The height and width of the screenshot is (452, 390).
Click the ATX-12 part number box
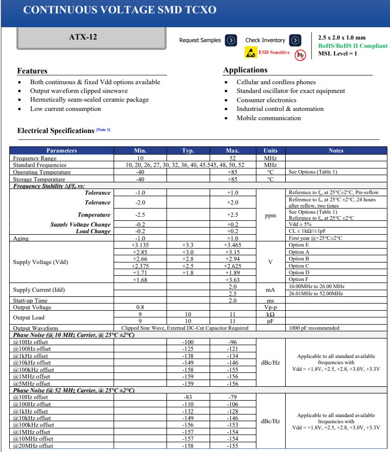point(83,37)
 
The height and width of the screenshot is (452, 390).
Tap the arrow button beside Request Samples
point(231,40)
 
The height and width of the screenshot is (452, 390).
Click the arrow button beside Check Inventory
point(295,40)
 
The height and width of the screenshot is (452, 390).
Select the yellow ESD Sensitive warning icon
point(251,52)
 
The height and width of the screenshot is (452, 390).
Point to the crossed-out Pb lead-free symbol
point(300,54)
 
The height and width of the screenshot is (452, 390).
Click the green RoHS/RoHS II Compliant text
point(352,46)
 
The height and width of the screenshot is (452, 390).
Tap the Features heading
point(32,71)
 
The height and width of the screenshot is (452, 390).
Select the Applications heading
point(245,70)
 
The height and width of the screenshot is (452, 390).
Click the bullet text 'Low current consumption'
point(65,109)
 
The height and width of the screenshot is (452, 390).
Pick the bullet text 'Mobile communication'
point(269,118)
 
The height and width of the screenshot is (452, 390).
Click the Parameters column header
point(62,150)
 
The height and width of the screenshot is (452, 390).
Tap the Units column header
point(270,150)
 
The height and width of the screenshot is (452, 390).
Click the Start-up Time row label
point(30,300)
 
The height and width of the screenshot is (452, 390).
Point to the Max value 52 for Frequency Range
point(232,158)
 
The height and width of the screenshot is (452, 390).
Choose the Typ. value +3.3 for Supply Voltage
point(188,246)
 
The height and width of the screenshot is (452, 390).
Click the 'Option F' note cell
point(299,279)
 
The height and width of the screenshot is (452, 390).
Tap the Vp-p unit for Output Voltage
point(270,307)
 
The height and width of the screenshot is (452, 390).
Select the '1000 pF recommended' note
point(314,328)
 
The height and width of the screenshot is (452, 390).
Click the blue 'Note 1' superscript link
point(103,129)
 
